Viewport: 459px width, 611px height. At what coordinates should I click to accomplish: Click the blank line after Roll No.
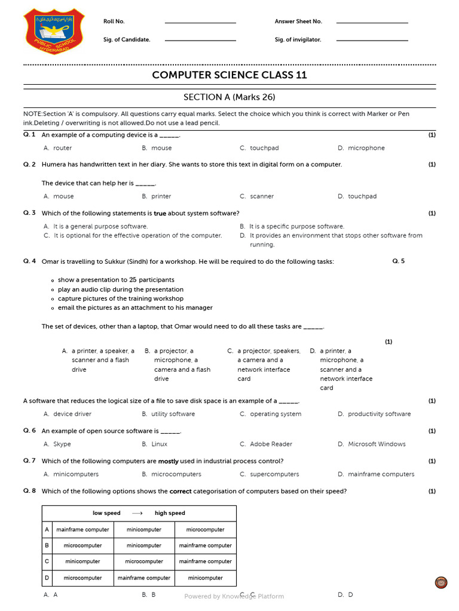click(x=200, y=23)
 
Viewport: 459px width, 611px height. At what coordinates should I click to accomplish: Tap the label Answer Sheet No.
click(x=298, y=21)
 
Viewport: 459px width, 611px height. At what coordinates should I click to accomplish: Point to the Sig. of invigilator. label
click(x=298, y=40)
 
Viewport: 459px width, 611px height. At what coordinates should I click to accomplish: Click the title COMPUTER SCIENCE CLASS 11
click(x=229, y=75)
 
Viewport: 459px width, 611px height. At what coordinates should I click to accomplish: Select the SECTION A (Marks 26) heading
click(x=229, y=97)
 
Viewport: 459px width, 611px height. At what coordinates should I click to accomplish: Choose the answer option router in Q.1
click(x=62, y=148)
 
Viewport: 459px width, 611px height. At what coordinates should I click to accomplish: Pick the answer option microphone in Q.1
click(x=366, y=148)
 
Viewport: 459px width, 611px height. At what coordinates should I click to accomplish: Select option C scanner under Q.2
click(x=262, y=196)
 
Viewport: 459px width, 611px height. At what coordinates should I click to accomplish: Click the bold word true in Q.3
click(x=160, y=213)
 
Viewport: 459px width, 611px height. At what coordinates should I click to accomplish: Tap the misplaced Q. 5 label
click(x=399, y=261)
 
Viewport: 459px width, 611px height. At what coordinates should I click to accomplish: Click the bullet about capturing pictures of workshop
click(x=120, y=298)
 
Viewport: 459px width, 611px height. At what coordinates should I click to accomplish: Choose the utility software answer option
click(x=173, y=414)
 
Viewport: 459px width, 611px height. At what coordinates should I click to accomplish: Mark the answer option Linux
click(x=159, y=444)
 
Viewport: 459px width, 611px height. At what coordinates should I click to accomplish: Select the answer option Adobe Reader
click(x=271, y=444)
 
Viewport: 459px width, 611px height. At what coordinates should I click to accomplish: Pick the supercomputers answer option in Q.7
click(x=274, y=474)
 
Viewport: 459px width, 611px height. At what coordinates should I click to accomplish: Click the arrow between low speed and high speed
click(x=137, y=513)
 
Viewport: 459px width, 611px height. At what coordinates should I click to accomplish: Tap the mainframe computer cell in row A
click(x=82, y=530)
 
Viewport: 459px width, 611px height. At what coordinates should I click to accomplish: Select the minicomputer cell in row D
click(x=205, y=578)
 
